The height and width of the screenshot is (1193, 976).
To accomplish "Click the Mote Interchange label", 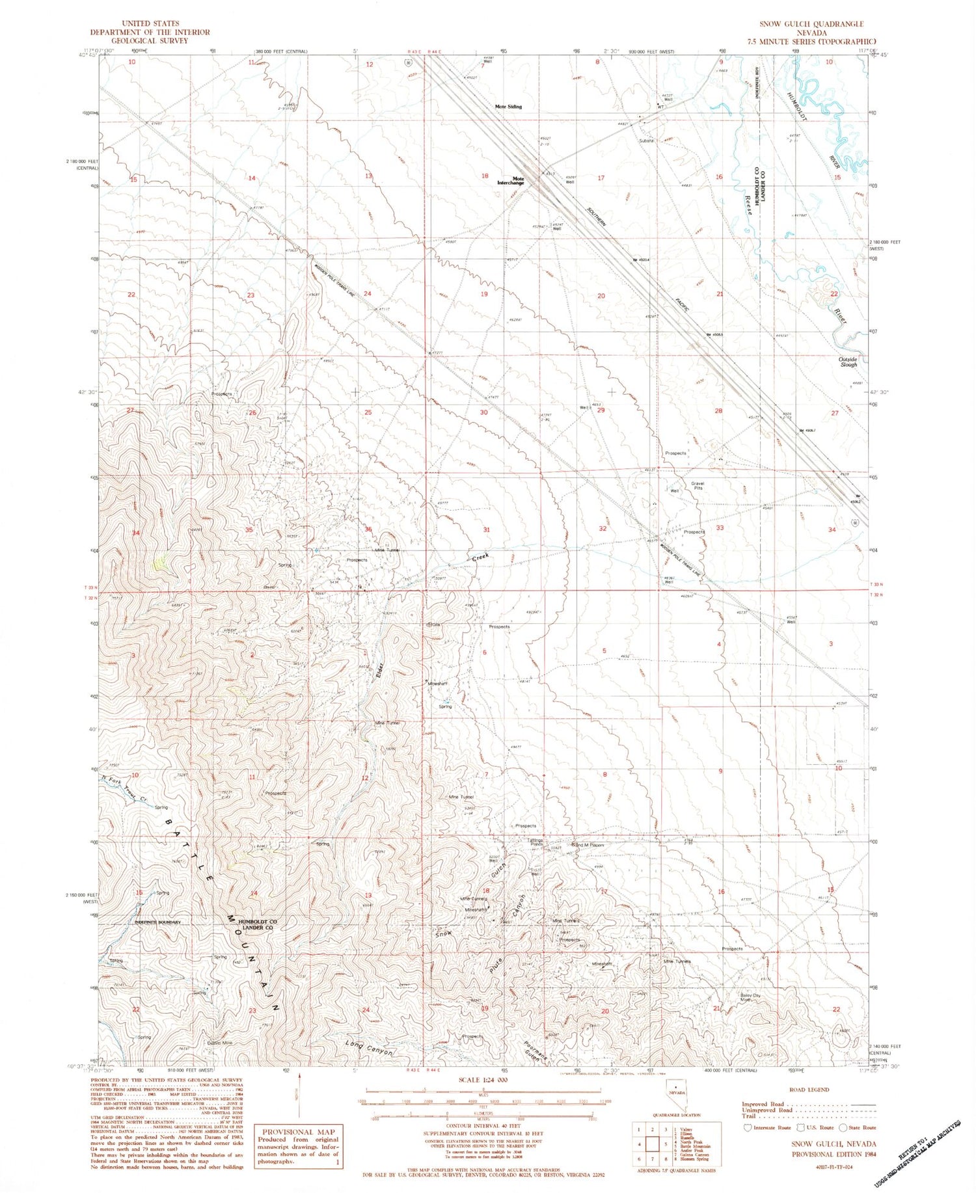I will click(x=511, y=181).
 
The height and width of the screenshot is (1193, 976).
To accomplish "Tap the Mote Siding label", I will click(x=508, y=106).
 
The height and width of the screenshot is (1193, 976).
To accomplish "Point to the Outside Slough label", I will click(x=848, y=362).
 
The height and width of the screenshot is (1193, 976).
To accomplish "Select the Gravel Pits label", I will click(x=698, y=486).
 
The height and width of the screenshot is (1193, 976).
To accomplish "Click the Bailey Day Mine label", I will click(x=750, y=997).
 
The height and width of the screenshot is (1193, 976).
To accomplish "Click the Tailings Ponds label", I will click(x=535, y=842).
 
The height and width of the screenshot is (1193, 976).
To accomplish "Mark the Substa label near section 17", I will click(x=646, y=141).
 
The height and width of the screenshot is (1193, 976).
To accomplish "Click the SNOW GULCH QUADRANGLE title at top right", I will click(x=811, y=24).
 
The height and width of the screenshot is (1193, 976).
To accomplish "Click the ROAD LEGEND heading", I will click(x=809, y=1090).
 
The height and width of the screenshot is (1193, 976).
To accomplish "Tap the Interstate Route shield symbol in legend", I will click(x=748, y=1127).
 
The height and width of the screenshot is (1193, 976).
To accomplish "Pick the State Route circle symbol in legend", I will click(x=843, y=1127).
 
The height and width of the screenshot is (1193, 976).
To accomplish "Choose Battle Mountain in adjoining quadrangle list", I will click(x=692, y=1146).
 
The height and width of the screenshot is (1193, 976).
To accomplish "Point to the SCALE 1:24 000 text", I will click(x=483, y=1080).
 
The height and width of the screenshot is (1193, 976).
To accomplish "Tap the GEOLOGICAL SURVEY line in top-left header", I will click(x=150, y=40).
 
